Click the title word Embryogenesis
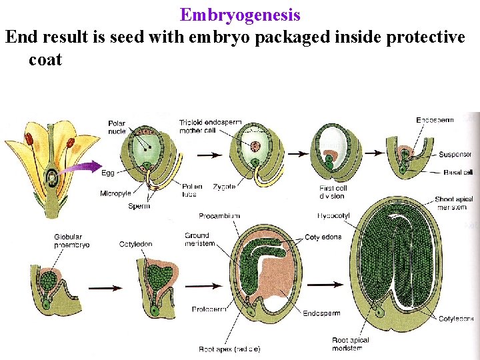pyautogui.click(x=240, y=14)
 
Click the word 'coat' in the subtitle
pyautogui.click(x=45, y=59)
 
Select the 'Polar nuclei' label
pyautogui.click(x=118, y=127)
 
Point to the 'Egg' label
pyautogui.click(x=108, y=173)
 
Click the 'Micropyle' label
pyautogui.click(x=115, y=193)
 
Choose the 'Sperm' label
pyautogui.click(x=139, y=206)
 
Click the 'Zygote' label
pyautogui.click(x=225, y=187)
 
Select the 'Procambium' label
pyautogui.click(x=219, y=216)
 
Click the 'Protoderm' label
pyautogui.click(x=207, y=309)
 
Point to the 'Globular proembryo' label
pyautogui.click(x=71, y=241)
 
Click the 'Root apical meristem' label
pyautogui.click(x=351, y=344)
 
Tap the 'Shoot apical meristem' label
pyautogui.click(x=453, y=203)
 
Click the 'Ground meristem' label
pyautogui.click(x=197, y=239)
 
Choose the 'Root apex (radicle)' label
pyautogui.click(x=229, y=349)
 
